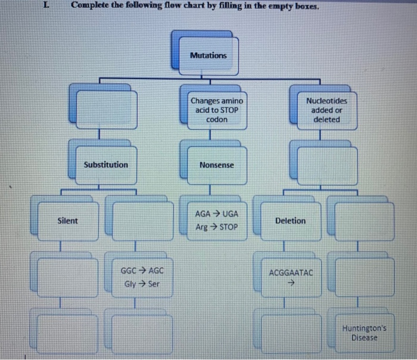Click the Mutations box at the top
[x=208, y=55]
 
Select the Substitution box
[x=106, y=164]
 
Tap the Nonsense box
[x=216, y=165]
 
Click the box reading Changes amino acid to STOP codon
[x=216, y=110]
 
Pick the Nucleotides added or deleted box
[x=326, y=110]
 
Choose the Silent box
[x=67, y=221]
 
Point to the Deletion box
[x=290, y=221]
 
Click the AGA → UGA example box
[x=216, y=220]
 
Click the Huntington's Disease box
[x=364, y=333]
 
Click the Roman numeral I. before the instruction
[x=47, y=6]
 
